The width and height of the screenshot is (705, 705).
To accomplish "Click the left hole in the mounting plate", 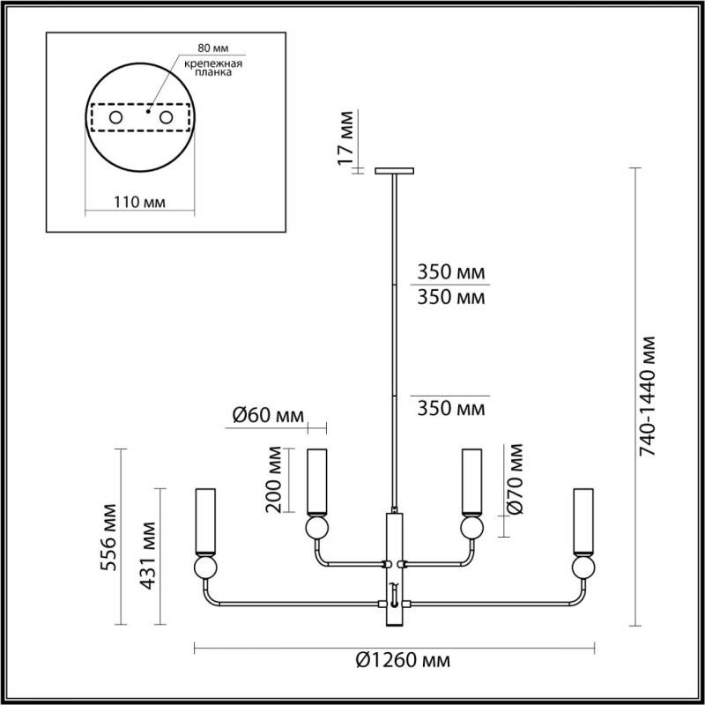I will coord(115,116).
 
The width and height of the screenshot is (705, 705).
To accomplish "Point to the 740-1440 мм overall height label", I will coord(649,396).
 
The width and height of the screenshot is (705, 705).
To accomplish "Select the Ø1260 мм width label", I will coord(402,661).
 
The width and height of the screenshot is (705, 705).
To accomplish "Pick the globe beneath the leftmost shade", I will coord(206,566).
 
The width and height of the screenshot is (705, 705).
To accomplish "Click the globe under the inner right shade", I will coord(472,528).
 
